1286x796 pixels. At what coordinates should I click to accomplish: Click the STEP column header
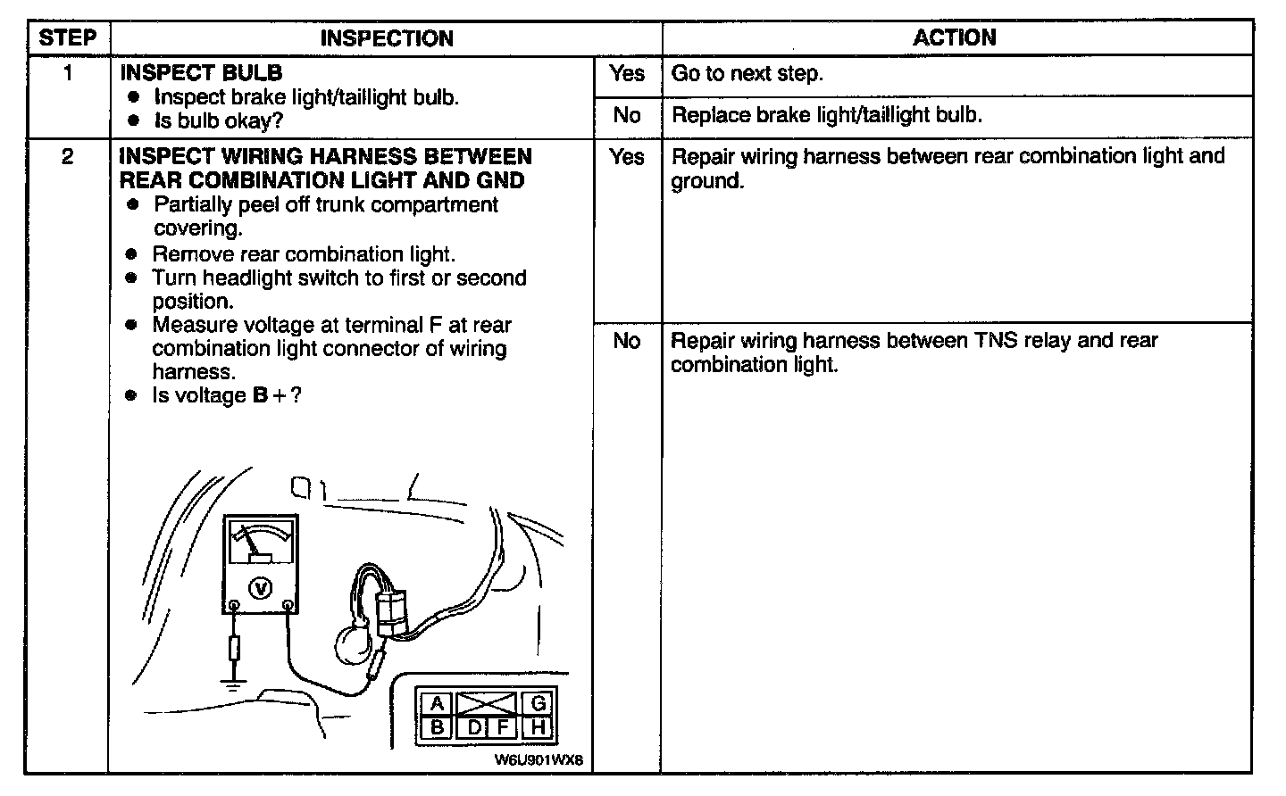pyautogui.click(x=68, y=38)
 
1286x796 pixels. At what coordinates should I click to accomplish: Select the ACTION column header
pyautogui.click(x=954, y=37)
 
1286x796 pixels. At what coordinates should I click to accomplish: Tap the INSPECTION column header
pyautogui.click(x=386, y=38)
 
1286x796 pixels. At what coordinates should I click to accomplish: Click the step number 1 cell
pyautogui.click(x=68, y=74)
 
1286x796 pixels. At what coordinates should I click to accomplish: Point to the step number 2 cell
pyautogui.click(x=68, y=157)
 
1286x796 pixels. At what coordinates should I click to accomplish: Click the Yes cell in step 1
pyautogui.click(x=627, y=74)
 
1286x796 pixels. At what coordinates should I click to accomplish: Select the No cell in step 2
pyautogui.click(x=627, y=341)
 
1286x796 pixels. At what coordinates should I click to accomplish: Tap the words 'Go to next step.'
pyautogui.click(x=747, y=74)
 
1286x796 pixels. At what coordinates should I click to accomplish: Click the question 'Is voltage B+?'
pyautogui.click(x=226, y=395)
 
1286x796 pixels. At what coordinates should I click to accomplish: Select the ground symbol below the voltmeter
pyautogui.click(x=234, y=685)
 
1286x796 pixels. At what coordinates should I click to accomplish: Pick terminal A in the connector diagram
pyautogui.click(x=438, y=704)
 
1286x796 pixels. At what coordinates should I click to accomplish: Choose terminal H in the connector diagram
pyautogui.click(x=538, y=726)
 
